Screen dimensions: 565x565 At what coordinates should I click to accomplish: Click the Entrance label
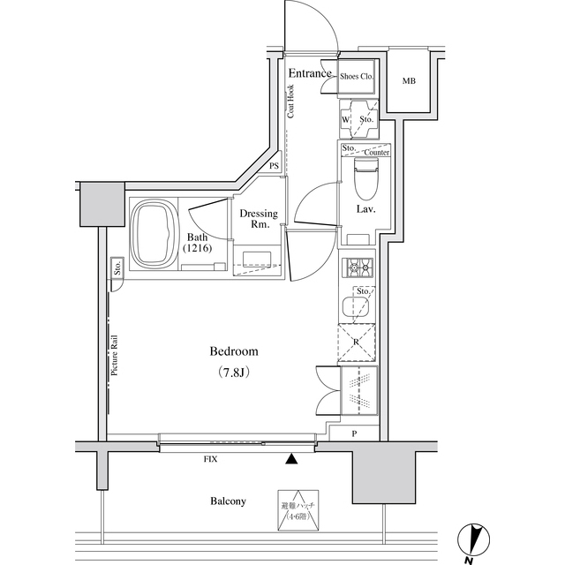pos(310,73)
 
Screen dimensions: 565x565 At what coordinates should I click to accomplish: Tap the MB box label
pos(409,81)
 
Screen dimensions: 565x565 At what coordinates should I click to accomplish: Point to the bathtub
pos(154,236)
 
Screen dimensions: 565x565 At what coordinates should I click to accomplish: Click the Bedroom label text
pos(234,351)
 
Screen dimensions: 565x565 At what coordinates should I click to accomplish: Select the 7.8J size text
pos(234,372)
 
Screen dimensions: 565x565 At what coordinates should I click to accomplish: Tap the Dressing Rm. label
pos(259,220)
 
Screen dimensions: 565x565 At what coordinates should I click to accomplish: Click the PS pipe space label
pos(275,166)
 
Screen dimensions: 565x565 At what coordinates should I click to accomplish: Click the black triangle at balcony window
pos(292,458)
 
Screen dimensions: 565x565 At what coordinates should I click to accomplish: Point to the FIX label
pos(210,459)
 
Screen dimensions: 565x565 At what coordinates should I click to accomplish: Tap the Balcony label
pos(228,501)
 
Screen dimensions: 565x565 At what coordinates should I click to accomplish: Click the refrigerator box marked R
pos(357,343)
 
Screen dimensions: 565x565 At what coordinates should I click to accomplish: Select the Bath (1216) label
pos(198,243)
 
